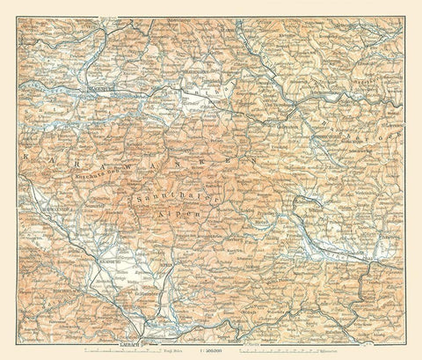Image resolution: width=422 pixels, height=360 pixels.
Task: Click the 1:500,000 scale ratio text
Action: pyautogui.click(x=211, y=349)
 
